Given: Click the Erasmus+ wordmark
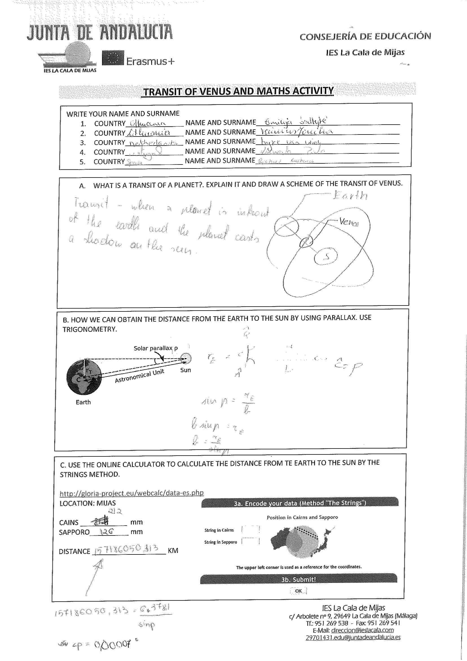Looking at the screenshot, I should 150,61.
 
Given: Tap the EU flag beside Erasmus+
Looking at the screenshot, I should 113,58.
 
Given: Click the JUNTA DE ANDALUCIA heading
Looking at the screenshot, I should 99,32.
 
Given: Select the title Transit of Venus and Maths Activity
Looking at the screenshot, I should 238,91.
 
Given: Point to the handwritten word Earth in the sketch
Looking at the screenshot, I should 350,196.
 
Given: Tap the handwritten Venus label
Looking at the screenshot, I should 348,222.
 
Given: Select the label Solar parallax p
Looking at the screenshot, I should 156,348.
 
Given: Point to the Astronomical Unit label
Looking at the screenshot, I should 139,376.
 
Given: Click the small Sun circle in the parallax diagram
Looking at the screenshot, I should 186,359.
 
